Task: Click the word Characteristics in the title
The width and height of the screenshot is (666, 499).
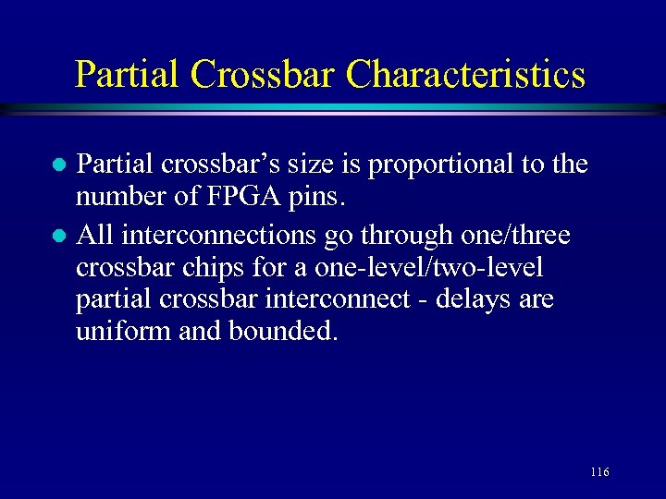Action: pos(466,74)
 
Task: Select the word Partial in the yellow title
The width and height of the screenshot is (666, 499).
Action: pos(129,74)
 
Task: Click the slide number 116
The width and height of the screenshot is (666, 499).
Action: pos(598,472)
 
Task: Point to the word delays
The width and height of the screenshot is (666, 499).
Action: pos(459,300)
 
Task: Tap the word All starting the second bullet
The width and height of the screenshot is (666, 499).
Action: pos(93,236)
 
